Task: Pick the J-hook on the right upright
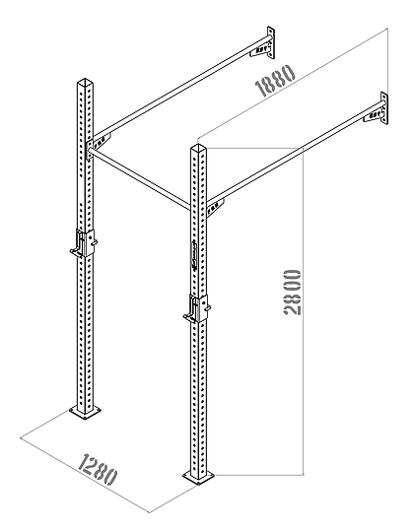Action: [195, 309]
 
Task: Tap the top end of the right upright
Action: [198, 149]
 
